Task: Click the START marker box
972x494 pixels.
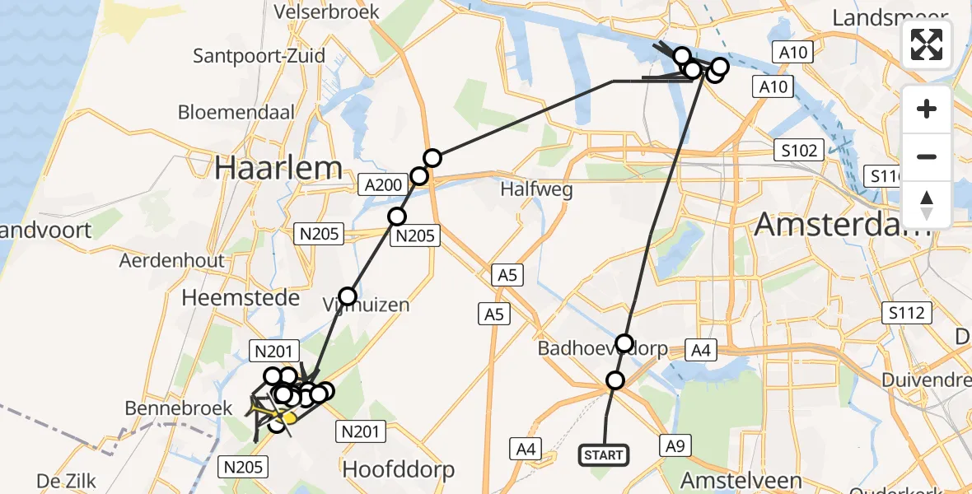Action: pyautogui.click(x=605, y=455)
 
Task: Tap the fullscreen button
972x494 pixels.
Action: pyautogui.click(x=927, y=44)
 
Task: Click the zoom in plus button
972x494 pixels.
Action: pyautogui.click(x=927, y=109)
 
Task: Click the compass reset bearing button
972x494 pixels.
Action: pyautogui.click(x=927, y=205)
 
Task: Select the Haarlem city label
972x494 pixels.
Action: pyautogui.click(x=278, y=168)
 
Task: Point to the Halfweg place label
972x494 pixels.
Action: pyautogui.click(x=537, y=189)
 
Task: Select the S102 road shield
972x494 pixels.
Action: pyautogui.click(x=800, y=151)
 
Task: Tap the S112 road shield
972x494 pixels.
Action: pyautogui.click(x=905, y=313)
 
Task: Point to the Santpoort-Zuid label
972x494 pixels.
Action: pyautogui.click(x=259, y=56)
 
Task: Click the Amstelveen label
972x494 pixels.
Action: pyautogui.click(x=741, y=480)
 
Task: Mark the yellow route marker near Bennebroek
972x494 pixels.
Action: pyautogui.click(x=289, y=418)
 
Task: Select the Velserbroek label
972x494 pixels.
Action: pyautogui.click(x=327, y=12)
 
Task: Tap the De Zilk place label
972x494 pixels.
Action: pyautogui.click(x=69, y=480)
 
